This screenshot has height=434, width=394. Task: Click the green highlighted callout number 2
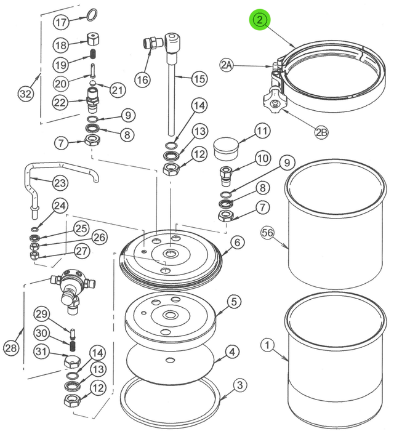coord(260,20)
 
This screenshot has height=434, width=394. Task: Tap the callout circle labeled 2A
coord(227,64)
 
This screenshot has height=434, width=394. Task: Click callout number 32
coord(25,94)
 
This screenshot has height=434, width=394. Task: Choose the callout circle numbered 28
coord(12,348)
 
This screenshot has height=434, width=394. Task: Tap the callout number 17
coord(60,23)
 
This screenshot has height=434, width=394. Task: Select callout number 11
coord(262,131)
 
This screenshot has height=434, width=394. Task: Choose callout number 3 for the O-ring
coord(240,386)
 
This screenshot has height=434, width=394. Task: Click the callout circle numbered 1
coord(267,345)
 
